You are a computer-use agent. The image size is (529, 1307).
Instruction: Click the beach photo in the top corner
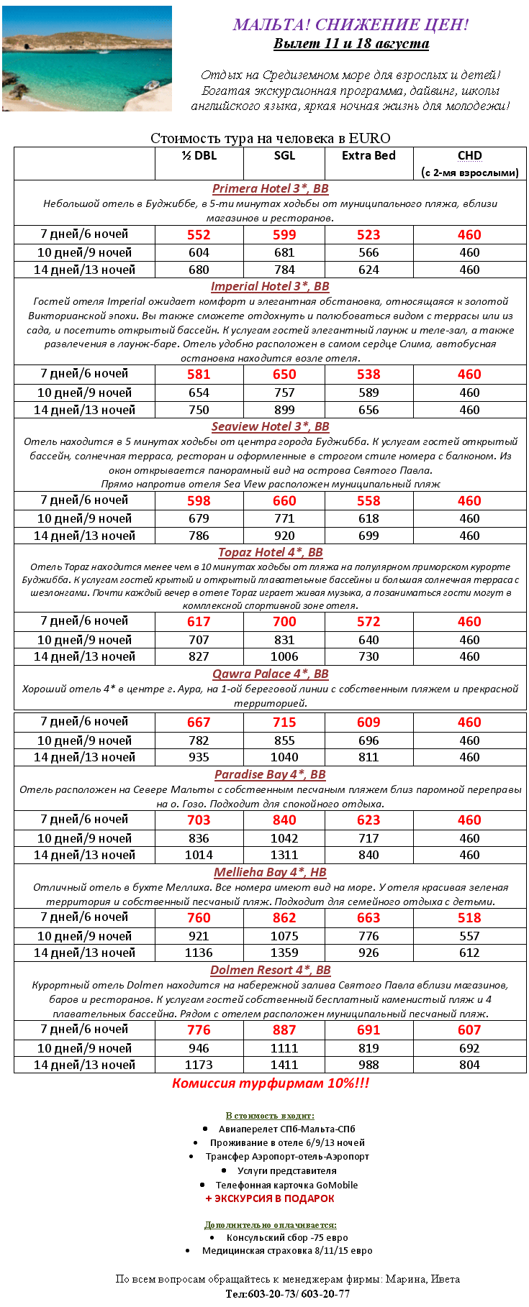87,58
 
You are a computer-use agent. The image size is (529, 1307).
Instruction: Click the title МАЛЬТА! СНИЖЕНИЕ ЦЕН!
351,24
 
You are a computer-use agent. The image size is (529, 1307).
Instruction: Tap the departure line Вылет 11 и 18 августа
351,43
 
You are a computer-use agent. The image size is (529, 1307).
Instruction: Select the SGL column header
284,155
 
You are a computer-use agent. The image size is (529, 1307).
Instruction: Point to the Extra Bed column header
369,155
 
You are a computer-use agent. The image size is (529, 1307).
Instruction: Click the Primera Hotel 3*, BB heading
270,188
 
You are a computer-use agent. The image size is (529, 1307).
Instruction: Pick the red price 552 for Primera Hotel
199,234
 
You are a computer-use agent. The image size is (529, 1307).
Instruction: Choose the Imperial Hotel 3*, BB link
270,286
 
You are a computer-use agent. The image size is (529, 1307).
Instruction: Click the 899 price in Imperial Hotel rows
284,410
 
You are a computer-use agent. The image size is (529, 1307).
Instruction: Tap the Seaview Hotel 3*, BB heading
270,426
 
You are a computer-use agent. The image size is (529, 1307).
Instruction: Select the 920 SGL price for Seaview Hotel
284,536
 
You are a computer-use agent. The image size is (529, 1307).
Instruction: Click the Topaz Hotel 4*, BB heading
270,552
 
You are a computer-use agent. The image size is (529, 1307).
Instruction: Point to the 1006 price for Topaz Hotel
284,656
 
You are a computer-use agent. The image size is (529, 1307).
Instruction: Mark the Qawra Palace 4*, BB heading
270,674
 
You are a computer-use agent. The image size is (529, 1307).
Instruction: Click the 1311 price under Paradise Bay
284,855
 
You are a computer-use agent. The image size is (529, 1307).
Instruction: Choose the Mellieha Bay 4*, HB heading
270,872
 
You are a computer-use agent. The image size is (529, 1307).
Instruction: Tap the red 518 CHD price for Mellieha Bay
469,917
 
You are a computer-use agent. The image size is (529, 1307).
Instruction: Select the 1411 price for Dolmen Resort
284,1065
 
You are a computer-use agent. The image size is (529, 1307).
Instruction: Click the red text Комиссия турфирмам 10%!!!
270,1083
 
